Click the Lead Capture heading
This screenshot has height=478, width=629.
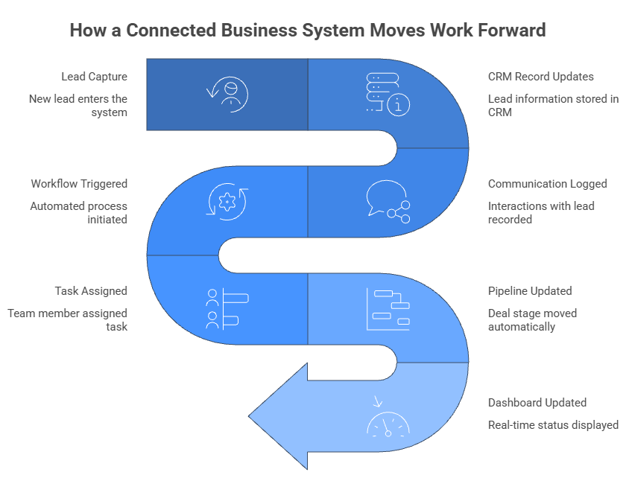(x=95, y=77)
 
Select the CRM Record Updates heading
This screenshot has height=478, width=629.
(x=540, y=77)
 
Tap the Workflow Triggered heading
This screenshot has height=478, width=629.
(x=79, y=184)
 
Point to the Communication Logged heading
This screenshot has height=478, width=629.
(x=547, y=184)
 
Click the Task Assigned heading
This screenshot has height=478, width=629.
(x=91, y=291)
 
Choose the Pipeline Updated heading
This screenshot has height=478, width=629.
(x=530, y=291)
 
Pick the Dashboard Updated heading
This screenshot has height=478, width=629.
(x=537, y=403)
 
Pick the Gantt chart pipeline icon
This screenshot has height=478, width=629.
(x=388, y=309)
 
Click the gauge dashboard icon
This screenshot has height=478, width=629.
(x=388, y=421)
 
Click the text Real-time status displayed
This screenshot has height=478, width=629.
(x=553, y=425)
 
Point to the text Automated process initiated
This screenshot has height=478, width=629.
(x=78, y=213)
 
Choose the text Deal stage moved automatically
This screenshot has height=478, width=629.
(x=532, y=320)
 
